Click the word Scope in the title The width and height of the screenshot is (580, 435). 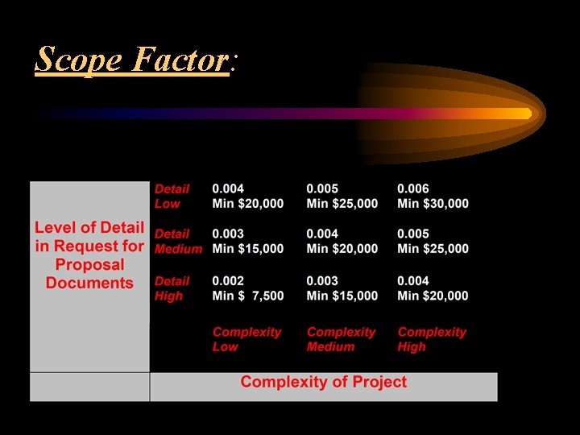point(77,60)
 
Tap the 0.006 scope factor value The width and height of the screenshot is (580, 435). point(413,188)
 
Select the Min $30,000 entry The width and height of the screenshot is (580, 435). point(433,204)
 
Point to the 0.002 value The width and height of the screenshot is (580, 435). point(229,281)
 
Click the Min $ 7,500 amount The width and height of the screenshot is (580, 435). point(248,296)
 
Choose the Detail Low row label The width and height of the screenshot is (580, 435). point(171,196)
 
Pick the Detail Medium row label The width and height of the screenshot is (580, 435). point(177,241)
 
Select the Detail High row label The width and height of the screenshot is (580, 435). point(171,288)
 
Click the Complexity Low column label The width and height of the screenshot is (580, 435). point(246,339)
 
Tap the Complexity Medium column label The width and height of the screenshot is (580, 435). point(341,339)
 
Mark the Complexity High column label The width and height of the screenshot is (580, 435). point(432,339)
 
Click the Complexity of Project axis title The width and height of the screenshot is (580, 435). point(323,382)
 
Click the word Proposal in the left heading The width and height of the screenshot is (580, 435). point(89,265)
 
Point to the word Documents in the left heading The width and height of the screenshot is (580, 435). point(89,283)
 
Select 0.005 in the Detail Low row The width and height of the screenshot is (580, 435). point(322,188)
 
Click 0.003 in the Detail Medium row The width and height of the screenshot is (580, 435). point(229,234)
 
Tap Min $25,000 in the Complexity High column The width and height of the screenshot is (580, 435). point(433,249)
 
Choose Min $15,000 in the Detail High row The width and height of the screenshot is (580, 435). point(342,296)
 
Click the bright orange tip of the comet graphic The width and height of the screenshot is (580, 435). point(526,114)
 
